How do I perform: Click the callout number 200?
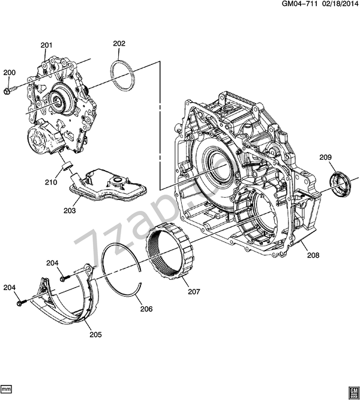coord(10,73)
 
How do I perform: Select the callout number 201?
coord(46,45)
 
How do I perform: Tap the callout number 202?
coord(119,44)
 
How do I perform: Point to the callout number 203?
coord(70,210)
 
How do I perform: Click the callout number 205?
coord(95,335)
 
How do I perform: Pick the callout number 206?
coord(146,309)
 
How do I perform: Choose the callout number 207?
coord(194,291)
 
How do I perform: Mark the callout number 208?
coord(313,255)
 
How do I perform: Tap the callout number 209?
coord(326,157)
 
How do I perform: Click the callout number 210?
coord(51,183)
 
